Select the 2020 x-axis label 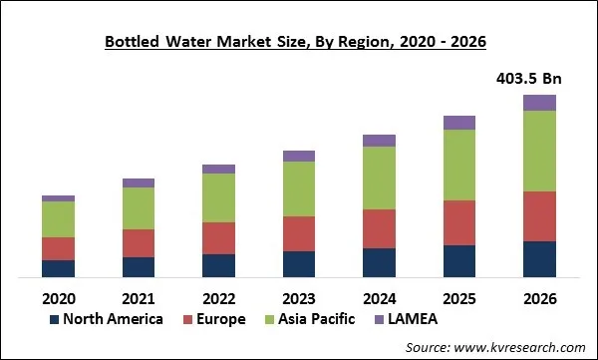pyautogui.click(x=58, y=298)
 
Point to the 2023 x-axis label pyautogui.click(x=298, y=298)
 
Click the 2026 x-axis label pyautogui.click(x=539, y=298)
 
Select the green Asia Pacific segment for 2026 pyautogui.click(x=539, y=151)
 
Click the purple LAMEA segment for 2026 pyautogui.click(x=539, y=102)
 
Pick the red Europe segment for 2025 pyautogui.click(x=458, y=222)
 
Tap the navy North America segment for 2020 pyautogui.click(x=58, y=268)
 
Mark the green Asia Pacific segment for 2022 pyautogui.click(x=218, y=197)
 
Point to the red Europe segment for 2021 pyautogui.click(x=139, y=243)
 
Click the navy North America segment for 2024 pyautogui.click(x=379, y=262)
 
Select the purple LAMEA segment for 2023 pyautogui.click(x=298, y=156)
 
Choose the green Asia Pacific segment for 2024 pyautogui.click(x=379, y=178)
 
